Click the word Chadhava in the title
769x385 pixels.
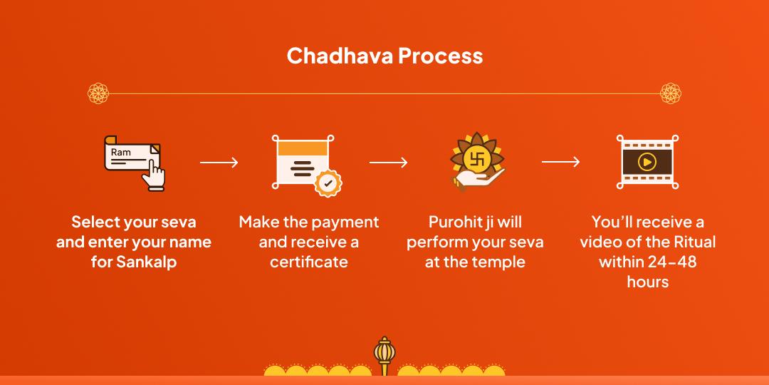(x=340, y=56)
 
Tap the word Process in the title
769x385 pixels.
(x=441, y=56)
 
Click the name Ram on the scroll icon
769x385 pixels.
(x=120, y=153)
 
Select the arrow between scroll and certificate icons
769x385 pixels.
(x=219, y=162)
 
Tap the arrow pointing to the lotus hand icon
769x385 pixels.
(x=389, y=162)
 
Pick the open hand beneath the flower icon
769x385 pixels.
(x=478, y=178)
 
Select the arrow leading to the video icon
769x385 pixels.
(x=560, y=162)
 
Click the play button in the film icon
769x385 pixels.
(x=647, y=162)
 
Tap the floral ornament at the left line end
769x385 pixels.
(x=98, y=93)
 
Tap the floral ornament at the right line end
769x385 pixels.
(x=671, y=93)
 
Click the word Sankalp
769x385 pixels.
(x=146, y=262)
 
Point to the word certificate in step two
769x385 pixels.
(x=309, y=262)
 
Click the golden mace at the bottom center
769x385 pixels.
(x=384, y=356)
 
